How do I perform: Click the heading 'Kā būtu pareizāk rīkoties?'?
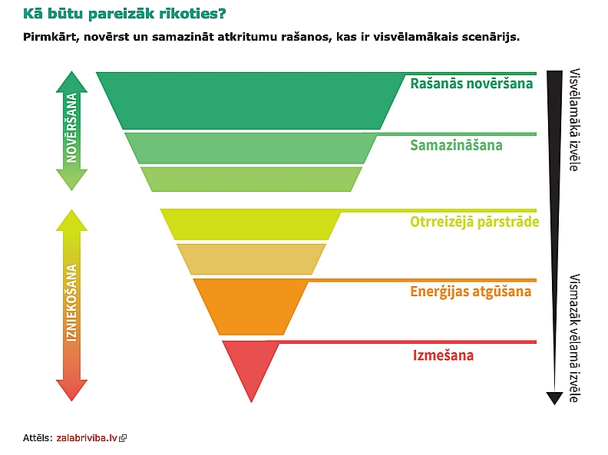pos(124,14)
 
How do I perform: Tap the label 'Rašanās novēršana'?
pos(471,84)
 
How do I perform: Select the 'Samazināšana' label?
pos(456,145)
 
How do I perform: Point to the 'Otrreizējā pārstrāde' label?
pos(474,222)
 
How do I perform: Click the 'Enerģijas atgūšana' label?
pos(471,292)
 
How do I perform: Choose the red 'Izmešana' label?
pos(443,355)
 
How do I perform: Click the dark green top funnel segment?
pos(251,101)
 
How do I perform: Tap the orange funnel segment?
pos(251,307)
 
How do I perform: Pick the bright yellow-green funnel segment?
pos(251,224)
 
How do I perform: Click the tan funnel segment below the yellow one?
pos(251,259)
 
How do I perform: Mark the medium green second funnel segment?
pos(251,148)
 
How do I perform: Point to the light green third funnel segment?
pos(251,179)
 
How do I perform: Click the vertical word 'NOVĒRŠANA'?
pos(71,128)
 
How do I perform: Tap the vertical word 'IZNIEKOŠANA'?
pos(71,303)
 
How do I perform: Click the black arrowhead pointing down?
pos(554,398)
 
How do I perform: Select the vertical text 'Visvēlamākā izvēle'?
pos(575,120)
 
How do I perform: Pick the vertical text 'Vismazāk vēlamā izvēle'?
pos(575,338)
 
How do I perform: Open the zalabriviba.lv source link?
pos(87,438)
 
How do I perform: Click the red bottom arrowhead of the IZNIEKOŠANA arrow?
pos(71,390)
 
